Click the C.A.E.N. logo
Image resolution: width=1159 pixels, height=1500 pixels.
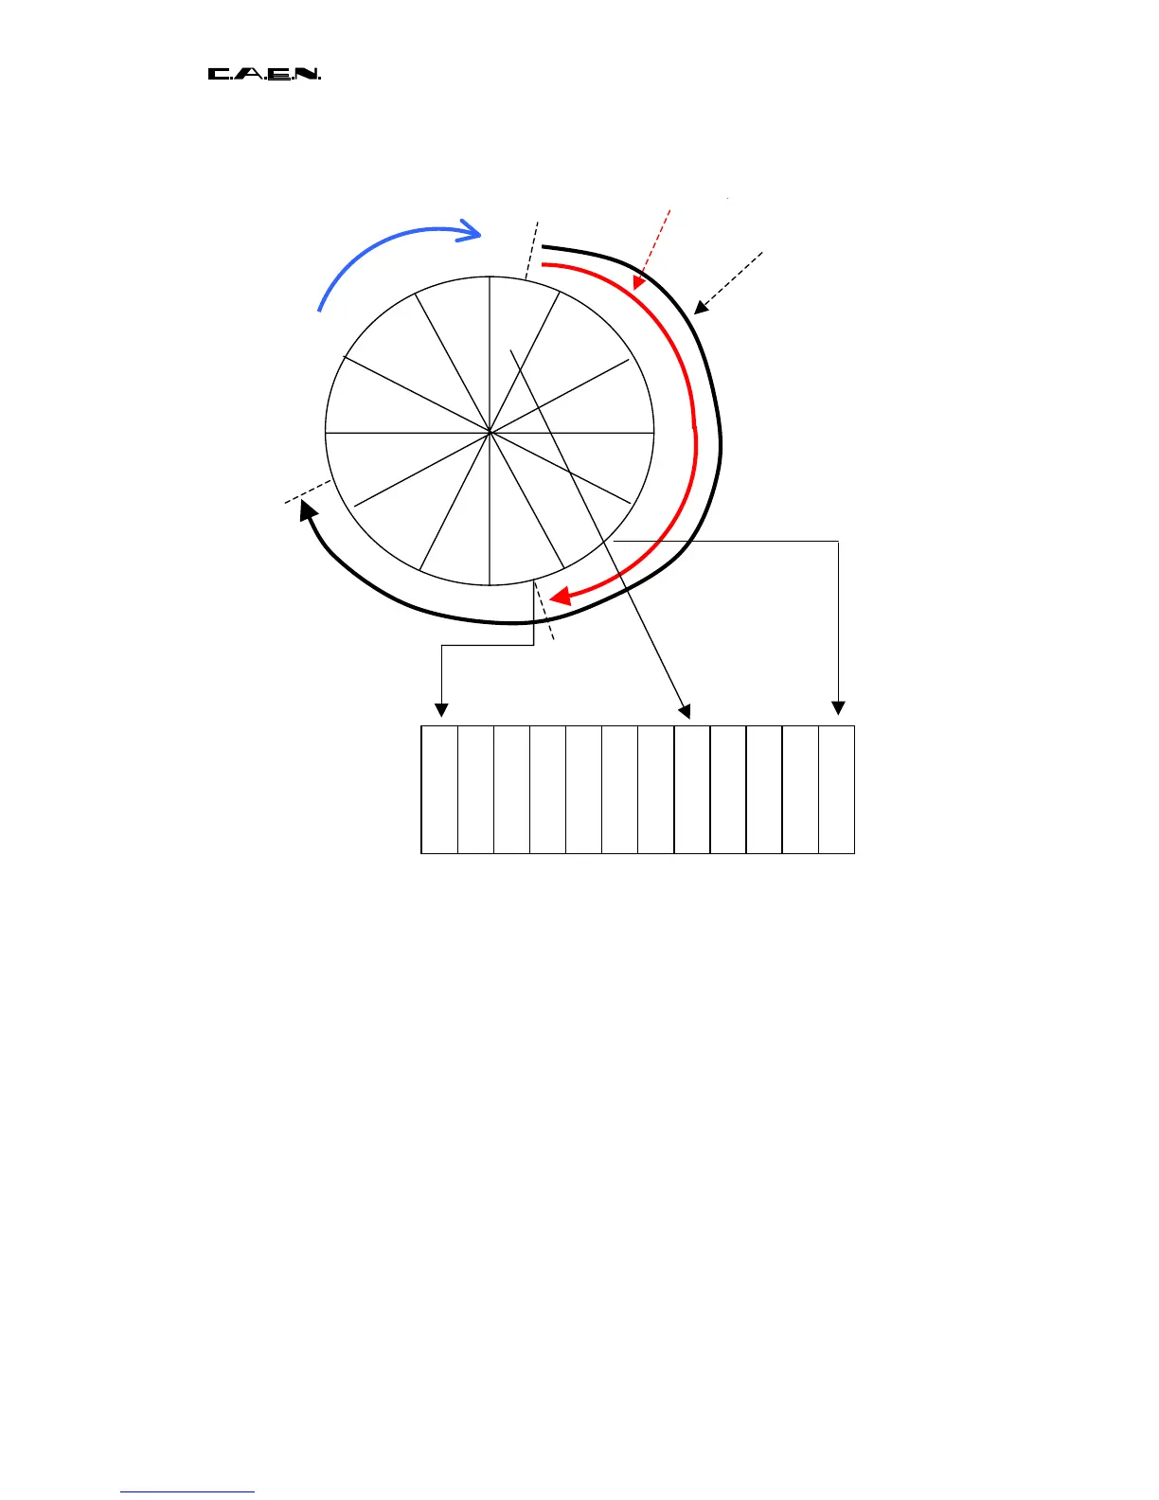[x=264, y=74]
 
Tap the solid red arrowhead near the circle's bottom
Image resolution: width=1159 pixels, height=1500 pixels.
[x=559, y=596]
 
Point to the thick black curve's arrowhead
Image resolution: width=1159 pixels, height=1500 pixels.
[x=307, y=510]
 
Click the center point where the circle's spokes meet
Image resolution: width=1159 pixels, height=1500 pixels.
[x=490, y=433]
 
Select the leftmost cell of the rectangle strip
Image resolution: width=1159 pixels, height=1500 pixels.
[x=439, y=790]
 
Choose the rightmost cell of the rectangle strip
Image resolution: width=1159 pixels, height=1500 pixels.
[x=837, y=790]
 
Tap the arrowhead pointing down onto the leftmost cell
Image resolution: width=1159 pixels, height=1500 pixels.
[x=440, y=710]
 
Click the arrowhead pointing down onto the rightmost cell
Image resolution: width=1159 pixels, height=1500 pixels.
[x=837, y=707]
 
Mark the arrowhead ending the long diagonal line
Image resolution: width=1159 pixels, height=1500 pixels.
[x=686, y=710]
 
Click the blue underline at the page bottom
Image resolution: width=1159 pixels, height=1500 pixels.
[x=187, y=1492]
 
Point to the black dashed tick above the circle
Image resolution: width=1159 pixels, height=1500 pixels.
[x=532, y=248]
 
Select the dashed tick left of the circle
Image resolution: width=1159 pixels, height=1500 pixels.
[x=308, y=491]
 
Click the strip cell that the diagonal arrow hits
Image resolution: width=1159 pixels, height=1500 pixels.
[x=692, y=790]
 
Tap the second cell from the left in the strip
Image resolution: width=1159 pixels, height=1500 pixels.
[x=475, y=790]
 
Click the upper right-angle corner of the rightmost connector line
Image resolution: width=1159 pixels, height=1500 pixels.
[x=838, y=541]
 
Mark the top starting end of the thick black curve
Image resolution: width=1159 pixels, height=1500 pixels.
[x=544, y=247]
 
